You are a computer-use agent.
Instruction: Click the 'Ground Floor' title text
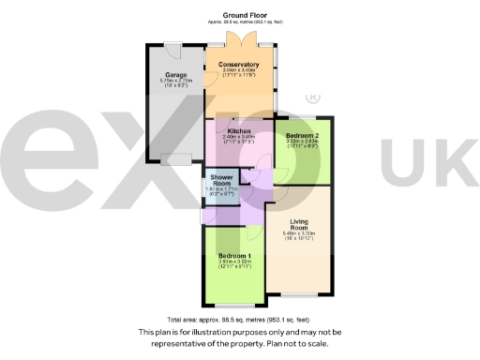[241, 16]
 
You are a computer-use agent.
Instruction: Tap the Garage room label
[175, 74]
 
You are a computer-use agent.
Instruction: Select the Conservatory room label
[239, 65]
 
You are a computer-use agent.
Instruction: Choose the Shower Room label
[221, 180]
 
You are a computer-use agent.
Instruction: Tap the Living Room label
[299, 225]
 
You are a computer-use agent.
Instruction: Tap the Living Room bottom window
[297, 295]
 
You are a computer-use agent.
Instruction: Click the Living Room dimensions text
[299, 238]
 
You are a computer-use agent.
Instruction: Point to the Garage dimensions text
[175, 83]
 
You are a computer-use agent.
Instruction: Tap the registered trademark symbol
[308, 98]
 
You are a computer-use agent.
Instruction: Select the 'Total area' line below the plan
[240, 320]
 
